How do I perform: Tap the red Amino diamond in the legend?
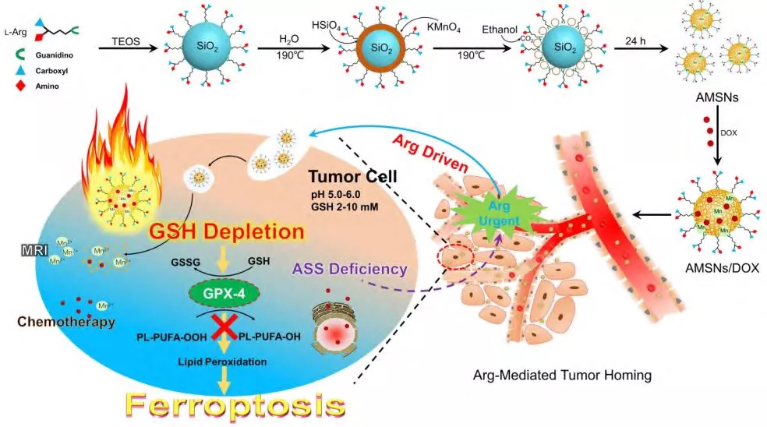tap(21, 86)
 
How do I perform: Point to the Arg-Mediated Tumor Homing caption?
tap(562, 375)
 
